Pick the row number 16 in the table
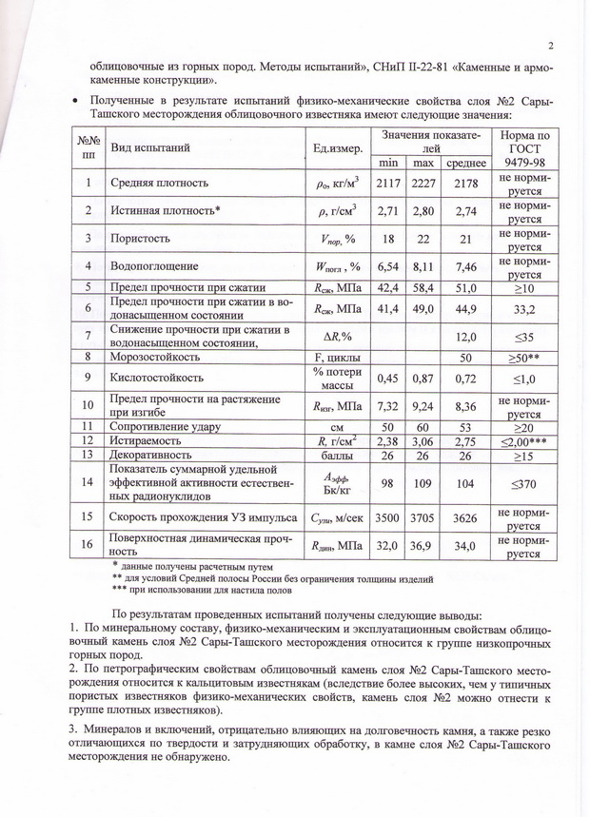(88, 546)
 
